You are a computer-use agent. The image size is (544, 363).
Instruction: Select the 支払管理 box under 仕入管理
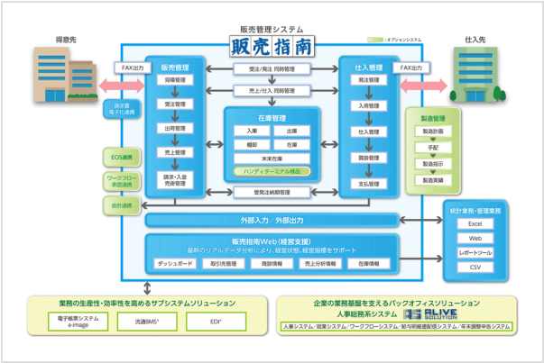point(367,183)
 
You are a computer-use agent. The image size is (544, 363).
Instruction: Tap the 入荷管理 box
point(367,105)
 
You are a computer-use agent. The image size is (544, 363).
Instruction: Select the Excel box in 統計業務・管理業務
point(475,223)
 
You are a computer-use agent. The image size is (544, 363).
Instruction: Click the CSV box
point(475,268)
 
